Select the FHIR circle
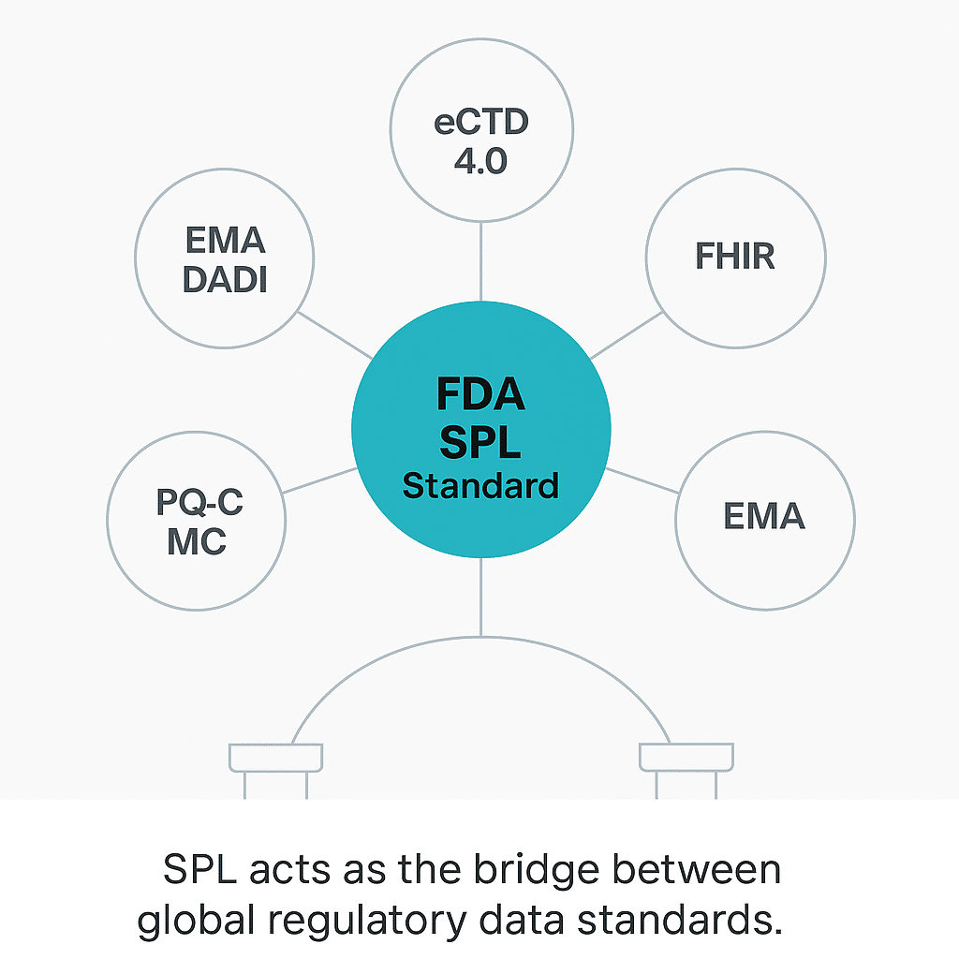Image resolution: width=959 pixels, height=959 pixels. [x=735, y=257]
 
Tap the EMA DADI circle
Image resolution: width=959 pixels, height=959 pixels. [x=226, y=258]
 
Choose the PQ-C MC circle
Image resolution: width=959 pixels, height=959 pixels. [x=197, y=521]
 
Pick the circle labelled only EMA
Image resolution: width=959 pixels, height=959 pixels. [x=764, y=516]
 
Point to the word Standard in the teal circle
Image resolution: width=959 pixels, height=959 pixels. [x=480, y=486]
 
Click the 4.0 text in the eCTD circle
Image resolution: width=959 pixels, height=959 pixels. [x=480, y=161]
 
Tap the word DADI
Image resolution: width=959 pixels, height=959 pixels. [x=226, y=279]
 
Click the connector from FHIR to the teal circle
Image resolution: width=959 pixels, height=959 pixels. [x=626, y=335]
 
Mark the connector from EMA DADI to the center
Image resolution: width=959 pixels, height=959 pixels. [x=334, y=335]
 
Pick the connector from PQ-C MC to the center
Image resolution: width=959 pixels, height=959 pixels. [x=318, y=479]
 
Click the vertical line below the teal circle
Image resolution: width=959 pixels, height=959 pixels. [x=480, y=596]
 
